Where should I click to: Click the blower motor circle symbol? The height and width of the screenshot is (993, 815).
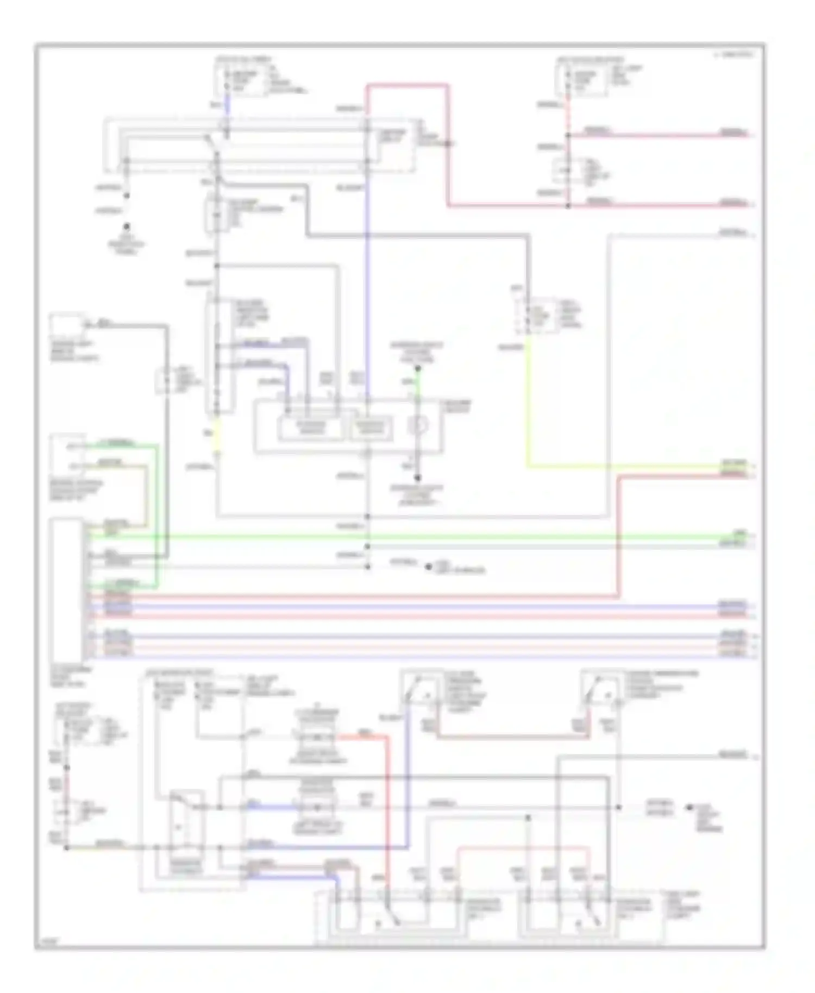[x=417, y=425]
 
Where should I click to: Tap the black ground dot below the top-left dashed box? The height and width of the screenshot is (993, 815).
[x=127, y=227]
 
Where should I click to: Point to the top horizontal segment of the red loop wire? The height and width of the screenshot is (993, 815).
[x=407, y=85]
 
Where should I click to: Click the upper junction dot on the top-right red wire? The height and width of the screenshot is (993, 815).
[x=568, y=135]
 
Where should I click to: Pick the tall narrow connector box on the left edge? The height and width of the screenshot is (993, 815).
[x=66, y=589]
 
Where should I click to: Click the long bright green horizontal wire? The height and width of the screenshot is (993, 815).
[x=413, y=537]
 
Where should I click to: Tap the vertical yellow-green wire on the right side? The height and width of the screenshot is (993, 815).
[x=527, y=407]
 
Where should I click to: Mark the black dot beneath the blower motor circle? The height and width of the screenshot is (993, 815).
[x=417, y=478]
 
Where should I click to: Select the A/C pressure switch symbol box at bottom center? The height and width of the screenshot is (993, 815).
[x=421, y=689]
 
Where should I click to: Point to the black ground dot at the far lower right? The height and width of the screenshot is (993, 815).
[x=688, y=808]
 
